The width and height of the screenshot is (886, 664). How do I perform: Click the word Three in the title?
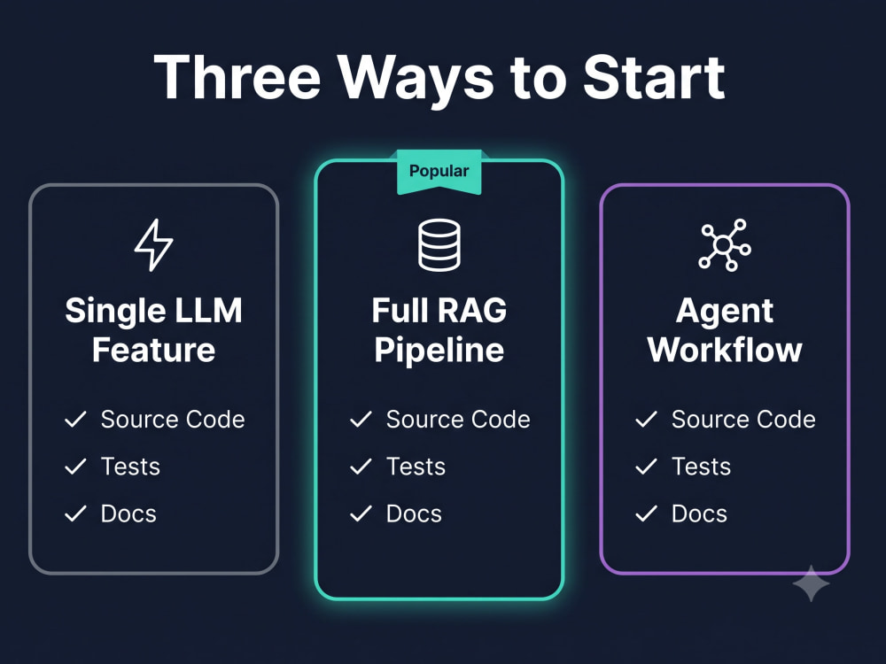(237, 77)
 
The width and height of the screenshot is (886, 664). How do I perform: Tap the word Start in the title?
(654, 77)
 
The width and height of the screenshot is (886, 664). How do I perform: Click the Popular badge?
(439, 172)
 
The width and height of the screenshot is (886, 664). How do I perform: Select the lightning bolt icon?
(153, 244)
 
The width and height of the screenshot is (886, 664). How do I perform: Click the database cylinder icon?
(439, 245)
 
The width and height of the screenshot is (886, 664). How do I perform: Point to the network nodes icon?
(725, 245)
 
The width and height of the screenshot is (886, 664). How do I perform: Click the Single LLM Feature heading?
(153, 329)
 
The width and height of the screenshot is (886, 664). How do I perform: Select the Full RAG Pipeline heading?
(439, 329)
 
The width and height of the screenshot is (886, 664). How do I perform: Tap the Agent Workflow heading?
(725, 329)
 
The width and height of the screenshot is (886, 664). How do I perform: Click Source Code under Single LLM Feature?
(173, 420)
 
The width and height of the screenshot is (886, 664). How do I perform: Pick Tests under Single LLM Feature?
(130, 467)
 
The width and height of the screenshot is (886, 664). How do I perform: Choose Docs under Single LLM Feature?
(128, 513)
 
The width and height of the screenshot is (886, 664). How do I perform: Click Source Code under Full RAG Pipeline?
(458, 420)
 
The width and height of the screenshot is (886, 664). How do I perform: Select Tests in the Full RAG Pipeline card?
(416, 467)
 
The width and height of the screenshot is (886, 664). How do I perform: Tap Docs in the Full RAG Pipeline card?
(414, 513)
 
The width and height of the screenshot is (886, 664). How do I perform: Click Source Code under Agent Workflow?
(743, 420)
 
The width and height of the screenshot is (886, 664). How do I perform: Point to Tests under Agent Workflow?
(701, 467)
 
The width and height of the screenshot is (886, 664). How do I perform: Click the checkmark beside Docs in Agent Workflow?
(647, 513)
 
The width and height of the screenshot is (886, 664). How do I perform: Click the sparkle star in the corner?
(811, 583)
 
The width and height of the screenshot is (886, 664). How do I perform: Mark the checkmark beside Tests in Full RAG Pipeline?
(361, 467)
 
